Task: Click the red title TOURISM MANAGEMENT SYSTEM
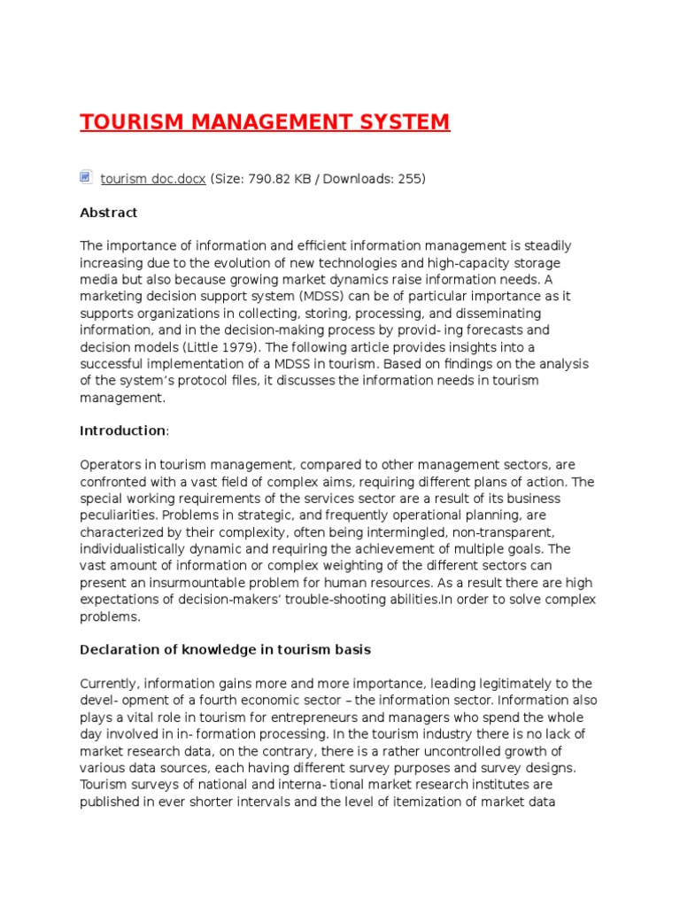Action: point(265,121)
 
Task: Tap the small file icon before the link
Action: point(86,177)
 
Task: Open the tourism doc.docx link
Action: point(153,179)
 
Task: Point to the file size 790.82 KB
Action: point(271,179)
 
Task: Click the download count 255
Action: point(409,179)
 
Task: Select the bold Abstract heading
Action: point(109,213)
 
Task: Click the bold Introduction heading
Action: point(122,430)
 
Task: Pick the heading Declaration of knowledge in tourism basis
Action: point(225,649)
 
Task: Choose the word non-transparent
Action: point(503,532)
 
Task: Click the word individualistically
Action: point(143,549)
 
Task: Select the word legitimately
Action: point(502,684)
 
